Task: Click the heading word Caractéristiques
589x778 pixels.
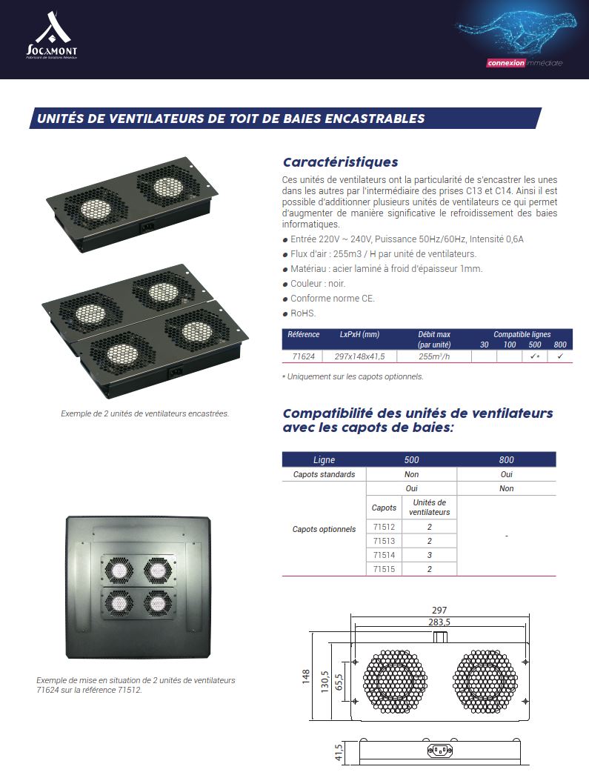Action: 340,162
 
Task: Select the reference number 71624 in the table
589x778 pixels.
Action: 303,356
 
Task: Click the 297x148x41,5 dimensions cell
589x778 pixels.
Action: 359,356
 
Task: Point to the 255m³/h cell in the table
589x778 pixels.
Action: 434,356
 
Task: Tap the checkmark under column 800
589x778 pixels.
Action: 560,356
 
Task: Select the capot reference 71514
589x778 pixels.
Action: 384,555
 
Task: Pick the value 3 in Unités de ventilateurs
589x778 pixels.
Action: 430,555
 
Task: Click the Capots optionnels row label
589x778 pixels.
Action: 324,530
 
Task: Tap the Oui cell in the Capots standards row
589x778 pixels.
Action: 506,474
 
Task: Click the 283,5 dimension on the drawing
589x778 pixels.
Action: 439,622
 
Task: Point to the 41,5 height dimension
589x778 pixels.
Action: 339,752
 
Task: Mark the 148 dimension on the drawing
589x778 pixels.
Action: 306,676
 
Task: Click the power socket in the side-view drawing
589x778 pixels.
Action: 440,751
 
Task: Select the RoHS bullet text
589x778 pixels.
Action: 303,313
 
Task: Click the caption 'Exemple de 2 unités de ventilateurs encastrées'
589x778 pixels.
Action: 145,413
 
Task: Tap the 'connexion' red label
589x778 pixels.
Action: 505,63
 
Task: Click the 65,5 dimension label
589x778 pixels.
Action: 339,682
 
